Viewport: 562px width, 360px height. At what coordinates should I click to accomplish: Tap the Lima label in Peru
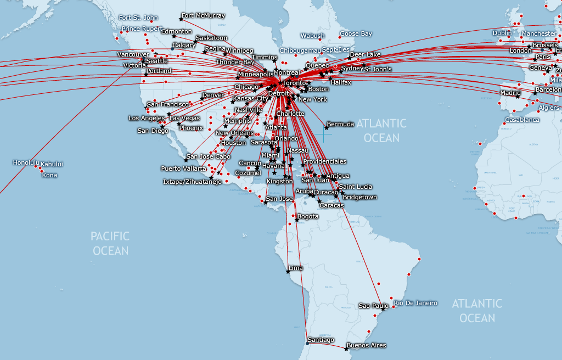[295, 268]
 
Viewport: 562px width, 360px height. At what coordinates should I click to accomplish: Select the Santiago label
[321, 340]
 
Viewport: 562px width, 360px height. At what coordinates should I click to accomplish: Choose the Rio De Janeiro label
[415, 303]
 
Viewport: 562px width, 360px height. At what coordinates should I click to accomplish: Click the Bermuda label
[340, 125]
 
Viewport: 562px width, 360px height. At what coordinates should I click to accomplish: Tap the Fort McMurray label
[203, 16]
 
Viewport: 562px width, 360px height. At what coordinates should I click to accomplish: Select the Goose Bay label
[356, 34]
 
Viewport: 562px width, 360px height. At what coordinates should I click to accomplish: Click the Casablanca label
[522, 120]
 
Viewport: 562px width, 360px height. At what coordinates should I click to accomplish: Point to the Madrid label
[510, 93]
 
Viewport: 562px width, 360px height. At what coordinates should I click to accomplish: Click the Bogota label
[307, 217]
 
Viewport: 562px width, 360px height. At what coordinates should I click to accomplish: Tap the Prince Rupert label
[142, 29]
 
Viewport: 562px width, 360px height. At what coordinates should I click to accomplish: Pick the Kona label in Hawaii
[49, 176]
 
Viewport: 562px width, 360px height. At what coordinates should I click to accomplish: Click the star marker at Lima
[288, 272]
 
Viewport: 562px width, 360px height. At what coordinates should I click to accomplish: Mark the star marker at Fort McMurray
[181, 20]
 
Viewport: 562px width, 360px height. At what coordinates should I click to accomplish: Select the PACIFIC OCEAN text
[110, 244]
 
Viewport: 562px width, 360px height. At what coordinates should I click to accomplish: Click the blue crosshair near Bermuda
[323, 134]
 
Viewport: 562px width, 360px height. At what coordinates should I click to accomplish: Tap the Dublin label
[502, 33]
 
